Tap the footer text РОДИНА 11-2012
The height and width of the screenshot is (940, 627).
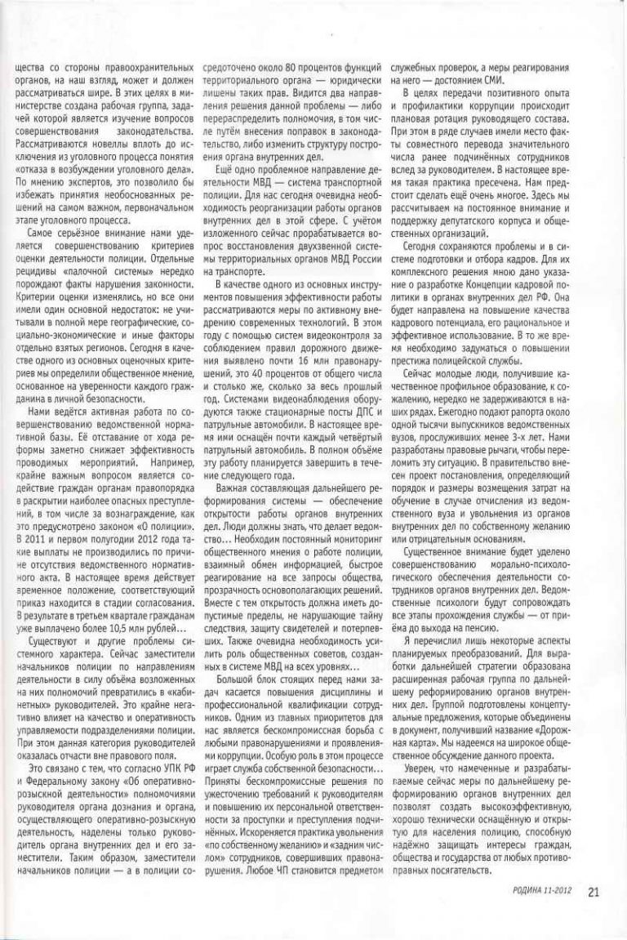click(542, 892)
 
